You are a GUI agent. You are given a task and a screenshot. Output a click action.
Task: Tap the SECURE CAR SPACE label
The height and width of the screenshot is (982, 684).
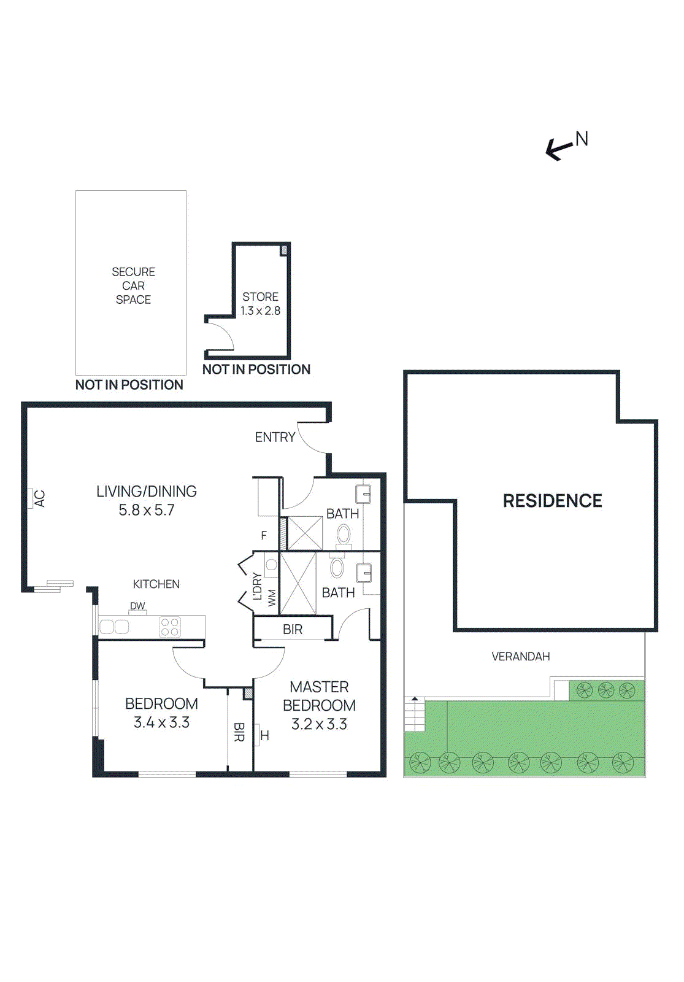point(133,285)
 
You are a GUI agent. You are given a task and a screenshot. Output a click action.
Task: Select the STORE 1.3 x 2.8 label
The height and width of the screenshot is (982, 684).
point(260,304)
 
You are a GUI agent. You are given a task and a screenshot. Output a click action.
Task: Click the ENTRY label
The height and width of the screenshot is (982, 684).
point(275,437)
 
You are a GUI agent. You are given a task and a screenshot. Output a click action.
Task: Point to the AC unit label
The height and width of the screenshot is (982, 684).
point(39,498)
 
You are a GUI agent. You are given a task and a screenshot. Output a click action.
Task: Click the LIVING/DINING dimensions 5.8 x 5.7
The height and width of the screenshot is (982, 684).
point(147,510)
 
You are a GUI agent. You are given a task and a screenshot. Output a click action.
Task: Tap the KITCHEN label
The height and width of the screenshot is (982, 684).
point(156,584)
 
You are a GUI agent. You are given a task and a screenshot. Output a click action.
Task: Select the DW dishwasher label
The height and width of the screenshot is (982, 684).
point(137,606)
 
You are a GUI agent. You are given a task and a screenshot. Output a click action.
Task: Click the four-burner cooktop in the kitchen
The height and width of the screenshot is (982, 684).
point(169,627)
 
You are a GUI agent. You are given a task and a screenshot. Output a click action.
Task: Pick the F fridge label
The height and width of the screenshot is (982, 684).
point(264,535)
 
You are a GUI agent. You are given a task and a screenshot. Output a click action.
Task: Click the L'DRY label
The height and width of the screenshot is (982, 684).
point(257,586)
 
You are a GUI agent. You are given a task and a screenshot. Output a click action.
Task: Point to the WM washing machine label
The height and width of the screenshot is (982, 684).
point(272,597)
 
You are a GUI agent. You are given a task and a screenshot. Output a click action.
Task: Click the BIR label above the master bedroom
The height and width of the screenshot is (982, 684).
point(293,629)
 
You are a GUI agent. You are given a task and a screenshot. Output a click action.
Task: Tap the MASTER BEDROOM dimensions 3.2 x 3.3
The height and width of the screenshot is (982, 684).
point(319,724)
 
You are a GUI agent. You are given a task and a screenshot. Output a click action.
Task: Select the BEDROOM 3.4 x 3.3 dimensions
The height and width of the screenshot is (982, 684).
point(161,722)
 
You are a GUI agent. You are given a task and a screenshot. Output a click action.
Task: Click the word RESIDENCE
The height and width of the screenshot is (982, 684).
point(552,501)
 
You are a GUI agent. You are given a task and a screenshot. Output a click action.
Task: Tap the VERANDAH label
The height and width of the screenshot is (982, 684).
point(521,656)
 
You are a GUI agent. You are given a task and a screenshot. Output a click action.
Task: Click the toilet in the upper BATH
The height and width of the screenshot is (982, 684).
point(344,536)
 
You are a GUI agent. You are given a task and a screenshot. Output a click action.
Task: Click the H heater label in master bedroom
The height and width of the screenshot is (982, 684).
point(265,735)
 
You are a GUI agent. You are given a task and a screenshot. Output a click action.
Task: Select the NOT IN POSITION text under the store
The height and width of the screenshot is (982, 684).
point(256,369)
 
